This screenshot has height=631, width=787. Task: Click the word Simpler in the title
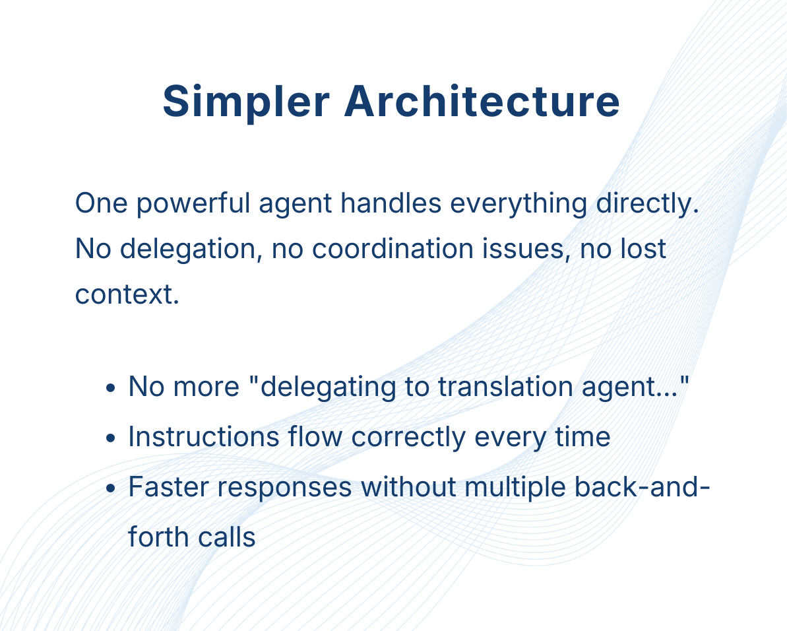click(x=246, y=102)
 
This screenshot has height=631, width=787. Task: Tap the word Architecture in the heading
click(x=482, y=102)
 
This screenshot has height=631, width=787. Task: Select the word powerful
click(x=193, y=205)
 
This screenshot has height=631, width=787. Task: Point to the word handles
click(x=391, y=203)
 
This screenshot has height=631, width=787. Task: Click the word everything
click(x=519, y=205)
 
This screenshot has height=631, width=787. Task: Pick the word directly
click(x=647, y=205)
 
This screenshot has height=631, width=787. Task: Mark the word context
click(x=127, y=294)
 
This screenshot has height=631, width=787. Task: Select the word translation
click(x=505, y=387)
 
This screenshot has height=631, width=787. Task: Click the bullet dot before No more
click(x=111, y=388)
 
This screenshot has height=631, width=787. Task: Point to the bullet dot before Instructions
click(x=111, y=438)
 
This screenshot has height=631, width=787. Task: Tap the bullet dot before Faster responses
click(x=111, y=488)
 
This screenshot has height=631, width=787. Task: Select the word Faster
click(x=169, y=487)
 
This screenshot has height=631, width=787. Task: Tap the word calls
click(x=226, y=538)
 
